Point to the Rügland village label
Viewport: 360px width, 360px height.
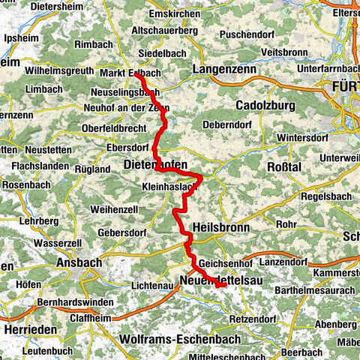pyautogui.click(x=93, y=169)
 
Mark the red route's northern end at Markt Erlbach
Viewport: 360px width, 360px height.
pyautogui.click(x=136, y=73)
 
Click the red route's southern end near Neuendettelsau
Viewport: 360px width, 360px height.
pyautogui.click(x=223, y=284)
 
